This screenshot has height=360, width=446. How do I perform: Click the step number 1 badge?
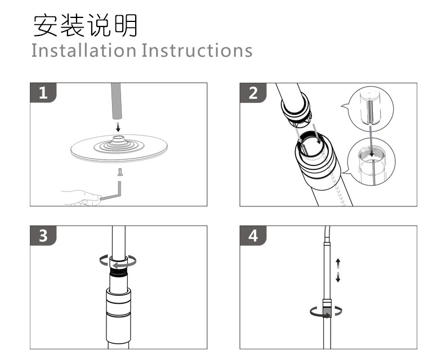pos(42,93)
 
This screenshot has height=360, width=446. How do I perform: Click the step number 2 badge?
pos(253,93)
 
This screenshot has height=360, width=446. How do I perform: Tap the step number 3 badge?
pos(42,235)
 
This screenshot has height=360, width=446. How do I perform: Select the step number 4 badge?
pos(253,235)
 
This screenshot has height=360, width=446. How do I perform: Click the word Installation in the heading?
pos(83,50)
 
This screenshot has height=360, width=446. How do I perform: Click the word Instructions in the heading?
pos(197,50)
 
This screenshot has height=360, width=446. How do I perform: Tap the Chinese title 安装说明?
pos(84,25)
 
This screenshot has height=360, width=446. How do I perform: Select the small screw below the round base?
pos(119,172)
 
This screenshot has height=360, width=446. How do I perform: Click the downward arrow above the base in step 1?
pos(117,125)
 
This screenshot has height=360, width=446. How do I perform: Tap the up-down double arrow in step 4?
pos(338,270)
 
